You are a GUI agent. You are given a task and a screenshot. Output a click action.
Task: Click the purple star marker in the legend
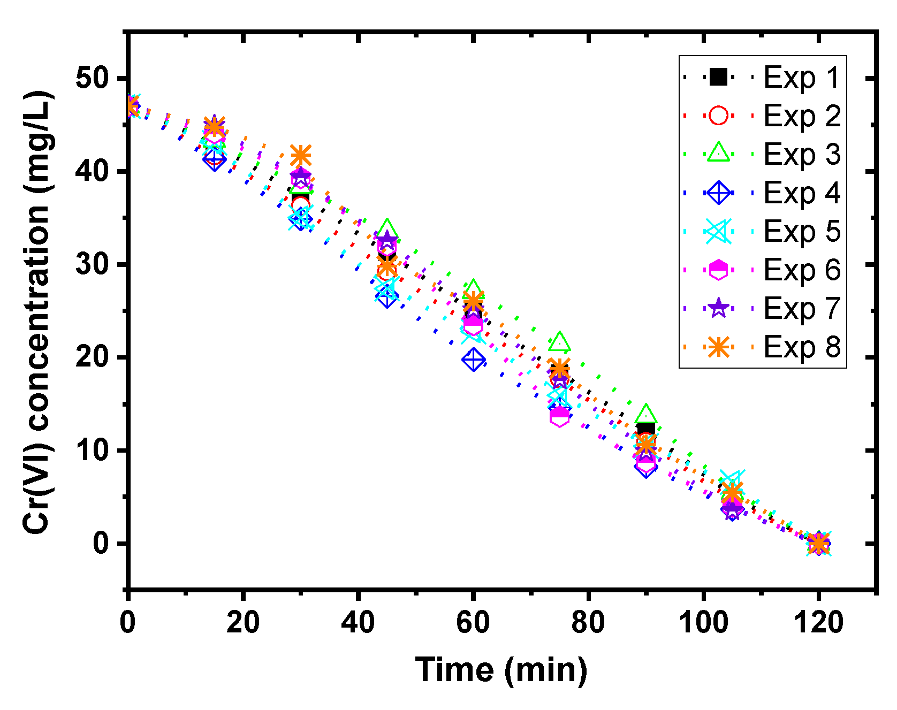click(x=718, y=308)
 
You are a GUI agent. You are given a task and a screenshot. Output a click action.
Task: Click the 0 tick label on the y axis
click(x=101, y=544)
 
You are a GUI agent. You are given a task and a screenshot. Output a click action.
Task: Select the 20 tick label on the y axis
click(x=92, y=357)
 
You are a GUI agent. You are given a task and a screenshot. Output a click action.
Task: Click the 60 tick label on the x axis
click(x=473, y=623)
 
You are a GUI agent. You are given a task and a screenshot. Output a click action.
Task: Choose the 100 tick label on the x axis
click(x=703, y=623)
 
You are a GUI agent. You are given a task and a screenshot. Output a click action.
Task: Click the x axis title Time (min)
click(x=501, y=670)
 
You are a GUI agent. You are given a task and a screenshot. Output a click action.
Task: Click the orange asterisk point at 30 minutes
click(x=300, y=156)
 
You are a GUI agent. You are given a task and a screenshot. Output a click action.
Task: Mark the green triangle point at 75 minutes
click(x=559, y=342)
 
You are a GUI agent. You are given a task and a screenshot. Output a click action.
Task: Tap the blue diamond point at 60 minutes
click(x=473, y=360)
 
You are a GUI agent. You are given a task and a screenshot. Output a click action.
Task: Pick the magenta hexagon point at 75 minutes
click(x=559, y=416)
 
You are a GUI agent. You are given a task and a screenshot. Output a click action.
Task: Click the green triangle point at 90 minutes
click(x=646, y=414)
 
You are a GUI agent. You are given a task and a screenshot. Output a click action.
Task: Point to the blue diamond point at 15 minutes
click(x=214, y=159)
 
